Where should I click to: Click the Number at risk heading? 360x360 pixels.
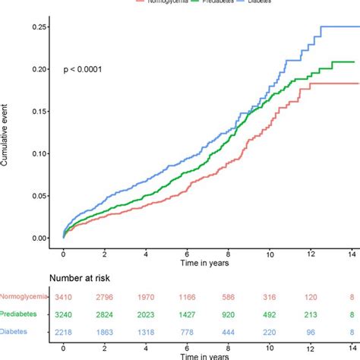[85, 279]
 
